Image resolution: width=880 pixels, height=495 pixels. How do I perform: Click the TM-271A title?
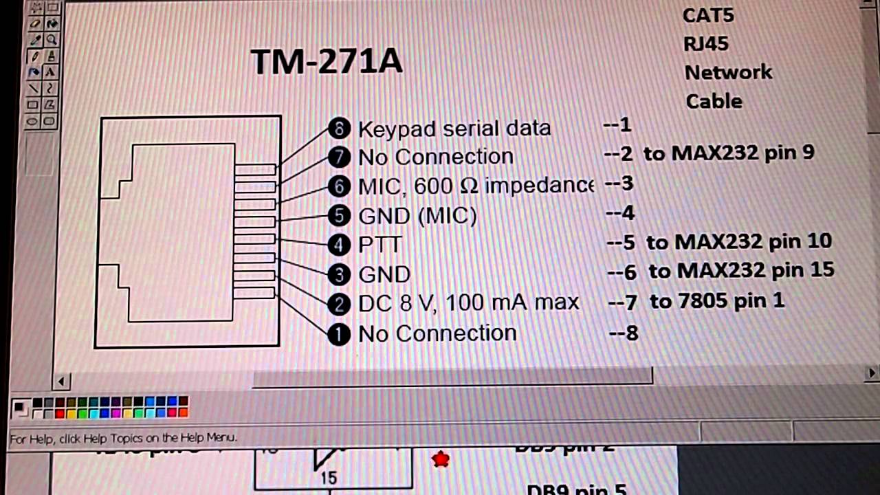point(327,62)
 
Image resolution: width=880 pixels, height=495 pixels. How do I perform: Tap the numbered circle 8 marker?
point(339,128)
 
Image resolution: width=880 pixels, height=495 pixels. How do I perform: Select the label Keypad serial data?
point(454,129)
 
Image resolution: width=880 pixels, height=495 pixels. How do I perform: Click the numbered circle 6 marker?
point(339,186)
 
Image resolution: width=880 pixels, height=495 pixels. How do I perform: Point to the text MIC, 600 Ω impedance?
point(475,186)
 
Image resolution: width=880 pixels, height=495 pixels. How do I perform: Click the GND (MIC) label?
point(417,216)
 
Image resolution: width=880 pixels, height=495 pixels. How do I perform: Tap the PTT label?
point(379,245)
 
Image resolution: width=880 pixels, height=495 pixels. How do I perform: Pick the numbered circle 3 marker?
point(339,275)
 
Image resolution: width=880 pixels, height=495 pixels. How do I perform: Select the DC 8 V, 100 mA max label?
point(468,302)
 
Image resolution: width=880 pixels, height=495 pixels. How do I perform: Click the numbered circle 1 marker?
point(339,334)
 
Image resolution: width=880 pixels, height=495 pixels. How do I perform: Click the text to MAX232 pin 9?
point(729,153)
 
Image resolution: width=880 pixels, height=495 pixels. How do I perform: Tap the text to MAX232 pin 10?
point(739,241)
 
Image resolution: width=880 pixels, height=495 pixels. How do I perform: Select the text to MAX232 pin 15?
point(741,270)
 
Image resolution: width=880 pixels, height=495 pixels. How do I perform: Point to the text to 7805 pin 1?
point(716,300)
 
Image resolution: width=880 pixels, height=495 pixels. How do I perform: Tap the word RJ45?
point(706,44)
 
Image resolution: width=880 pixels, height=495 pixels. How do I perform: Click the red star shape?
point(441,459)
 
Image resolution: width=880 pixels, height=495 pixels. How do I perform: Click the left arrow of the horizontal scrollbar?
point(61,381)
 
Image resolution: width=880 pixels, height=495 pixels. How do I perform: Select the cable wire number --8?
point(624,333)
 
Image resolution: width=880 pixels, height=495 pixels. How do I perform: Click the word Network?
point(728,72)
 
